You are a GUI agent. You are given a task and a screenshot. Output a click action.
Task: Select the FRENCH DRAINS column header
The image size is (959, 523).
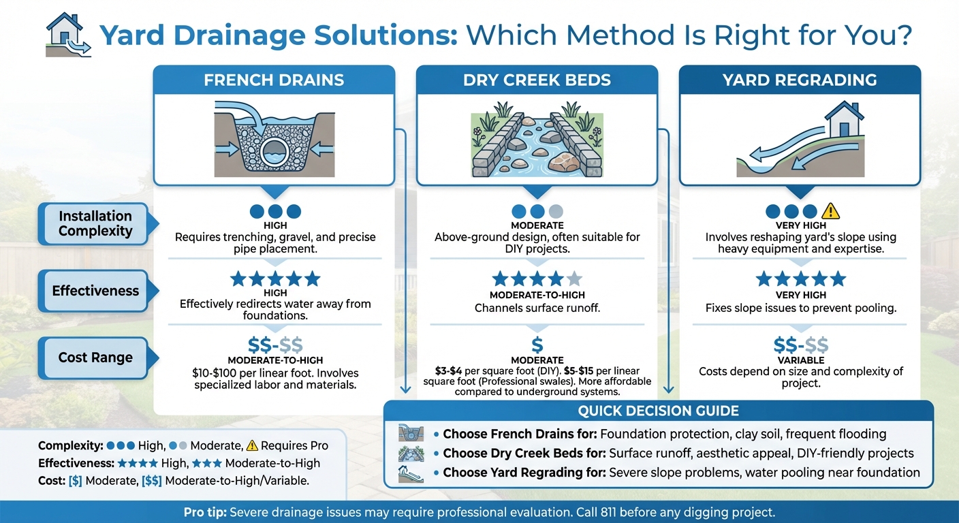click(274, 80)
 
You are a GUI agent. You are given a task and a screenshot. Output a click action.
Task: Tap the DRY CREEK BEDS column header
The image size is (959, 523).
click(537, 80)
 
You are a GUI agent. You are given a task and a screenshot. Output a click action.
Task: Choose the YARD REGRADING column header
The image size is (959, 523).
click(800, 80)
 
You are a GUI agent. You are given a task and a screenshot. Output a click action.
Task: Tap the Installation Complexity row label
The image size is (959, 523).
click(95, 223)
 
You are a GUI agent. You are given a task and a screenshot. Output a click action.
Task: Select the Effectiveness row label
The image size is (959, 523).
click(95, 291)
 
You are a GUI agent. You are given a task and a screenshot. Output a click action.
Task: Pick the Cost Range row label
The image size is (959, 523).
click(95, 358)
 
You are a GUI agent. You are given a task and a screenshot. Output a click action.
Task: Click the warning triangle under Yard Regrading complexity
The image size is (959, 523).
click(830, 212)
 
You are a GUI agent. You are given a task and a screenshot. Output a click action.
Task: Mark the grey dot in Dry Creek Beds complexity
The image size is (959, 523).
click(556, 212)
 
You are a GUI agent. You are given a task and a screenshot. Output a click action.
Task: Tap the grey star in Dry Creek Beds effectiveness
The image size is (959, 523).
click(574, 279)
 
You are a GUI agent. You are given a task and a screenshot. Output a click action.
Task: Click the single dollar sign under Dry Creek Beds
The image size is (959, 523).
click(537, 345)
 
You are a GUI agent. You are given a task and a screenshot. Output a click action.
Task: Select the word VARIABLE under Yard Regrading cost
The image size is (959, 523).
click(800, 360)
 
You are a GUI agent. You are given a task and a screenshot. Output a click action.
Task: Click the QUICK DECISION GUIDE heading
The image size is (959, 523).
click(658, 411)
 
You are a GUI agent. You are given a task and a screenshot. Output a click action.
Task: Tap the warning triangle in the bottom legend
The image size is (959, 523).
click(252, 446)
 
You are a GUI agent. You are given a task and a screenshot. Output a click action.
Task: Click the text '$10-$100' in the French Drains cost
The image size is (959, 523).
click(215, 373)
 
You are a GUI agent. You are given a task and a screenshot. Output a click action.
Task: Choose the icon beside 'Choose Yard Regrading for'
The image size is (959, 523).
click(411, 473)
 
